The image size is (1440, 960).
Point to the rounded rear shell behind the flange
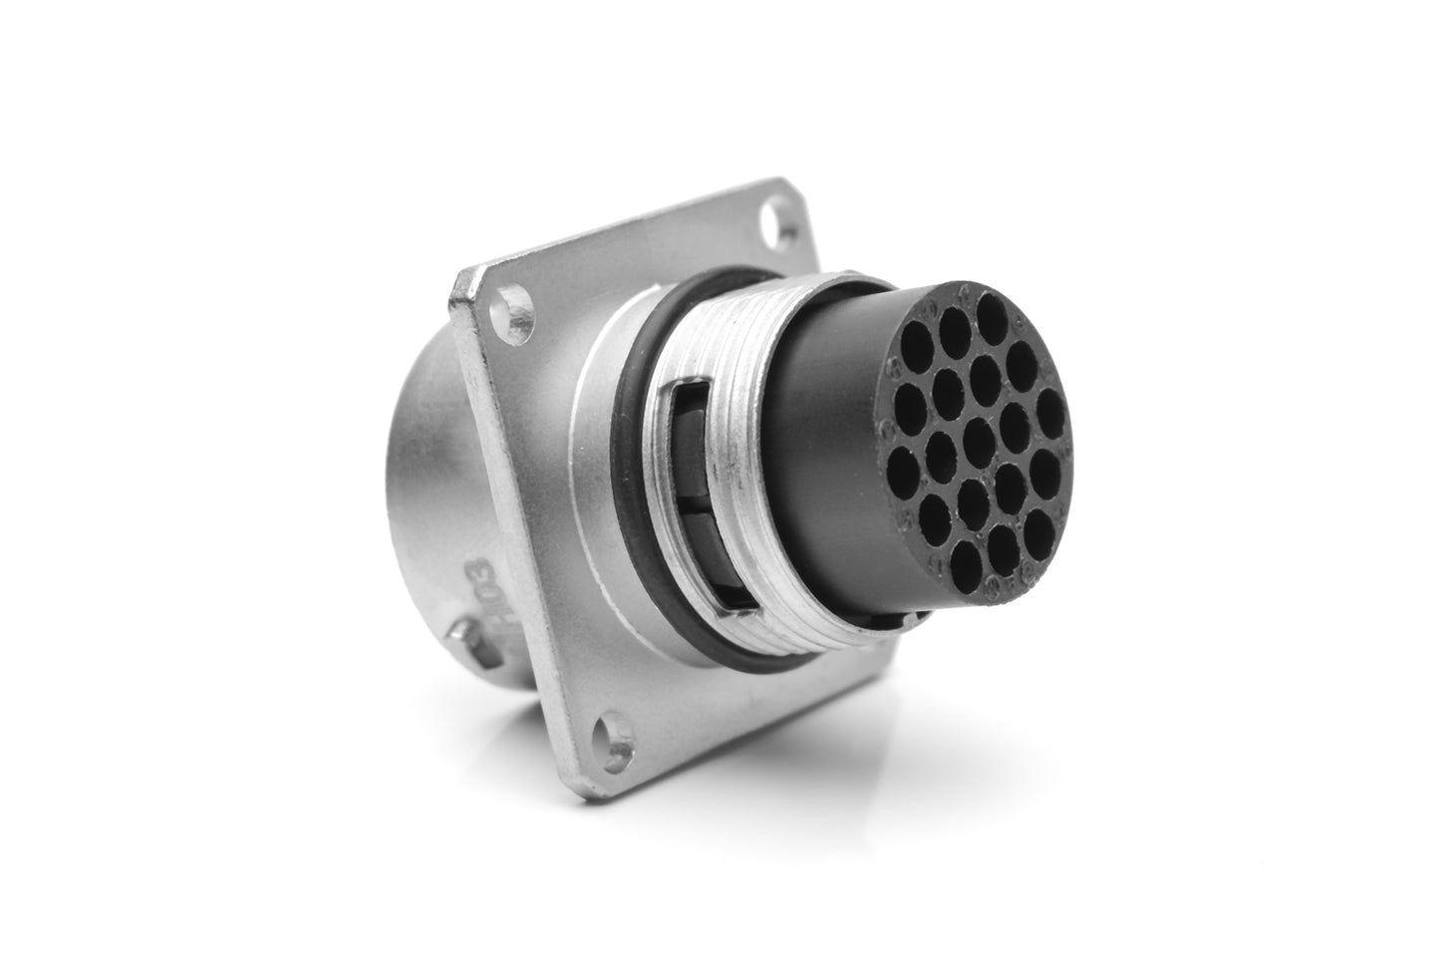tap(419, 518)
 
